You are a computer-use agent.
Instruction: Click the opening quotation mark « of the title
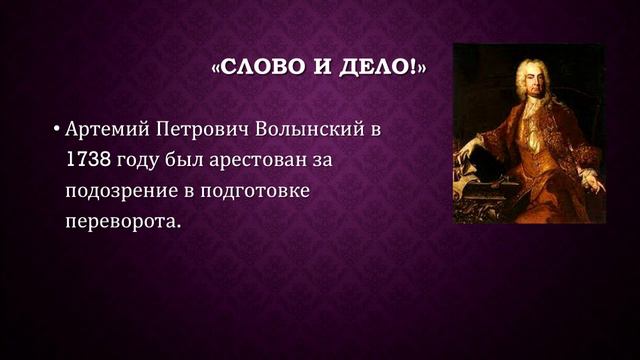(217, 69)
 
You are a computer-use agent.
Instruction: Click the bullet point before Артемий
(56, 130)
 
